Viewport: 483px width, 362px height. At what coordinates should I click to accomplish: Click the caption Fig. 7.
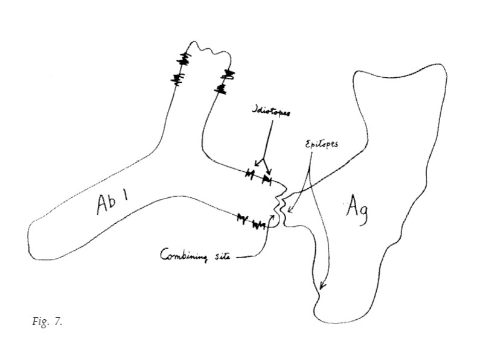46,322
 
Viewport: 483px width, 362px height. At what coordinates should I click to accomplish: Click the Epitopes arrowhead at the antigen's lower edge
321,287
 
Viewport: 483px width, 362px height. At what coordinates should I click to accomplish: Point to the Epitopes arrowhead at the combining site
289,211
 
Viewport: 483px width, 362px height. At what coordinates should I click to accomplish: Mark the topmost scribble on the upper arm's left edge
184,59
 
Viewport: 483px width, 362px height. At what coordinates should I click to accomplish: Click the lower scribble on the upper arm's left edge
178,78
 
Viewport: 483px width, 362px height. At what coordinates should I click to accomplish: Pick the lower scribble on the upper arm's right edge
222,91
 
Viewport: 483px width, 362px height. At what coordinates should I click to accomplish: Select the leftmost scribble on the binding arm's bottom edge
243,217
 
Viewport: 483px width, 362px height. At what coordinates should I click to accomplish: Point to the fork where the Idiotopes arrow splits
261,158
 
